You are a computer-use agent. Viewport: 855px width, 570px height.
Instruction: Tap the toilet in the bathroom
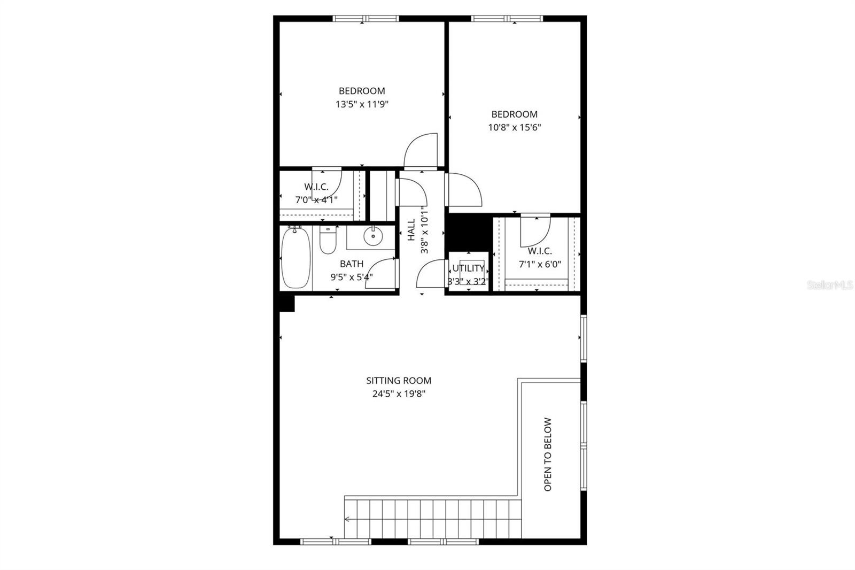coord(328,241)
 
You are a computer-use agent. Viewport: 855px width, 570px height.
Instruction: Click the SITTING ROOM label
coord(399,381)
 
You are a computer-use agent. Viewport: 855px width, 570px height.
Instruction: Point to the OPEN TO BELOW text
coord(547,455)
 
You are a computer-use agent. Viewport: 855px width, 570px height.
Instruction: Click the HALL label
coord(411,230)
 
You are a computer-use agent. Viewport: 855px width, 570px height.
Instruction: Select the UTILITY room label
coord(468,268)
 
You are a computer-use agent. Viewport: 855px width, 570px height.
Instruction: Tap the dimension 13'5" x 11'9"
coord(362,104)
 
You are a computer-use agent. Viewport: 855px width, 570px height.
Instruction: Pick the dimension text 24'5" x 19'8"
coord(399,394)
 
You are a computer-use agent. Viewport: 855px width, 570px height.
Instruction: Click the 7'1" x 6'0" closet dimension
coord(540,264)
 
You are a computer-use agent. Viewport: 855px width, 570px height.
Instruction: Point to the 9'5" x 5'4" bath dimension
coord(351,277)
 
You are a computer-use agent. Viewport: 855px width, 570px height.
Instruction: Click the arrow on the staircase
coord(347,519)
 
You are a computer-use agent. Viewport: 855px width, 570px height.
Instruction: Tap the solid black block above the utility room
coord(468,231)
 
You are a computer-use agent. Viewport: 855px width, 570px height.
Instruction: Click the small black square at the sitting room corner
coord(287,303)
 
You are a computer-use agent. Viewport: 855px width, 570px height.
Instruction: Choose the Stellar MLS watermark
coord(830,286)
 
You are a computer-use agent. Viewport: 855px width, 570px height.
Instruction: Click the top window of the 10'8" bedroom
coord(507,19)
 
